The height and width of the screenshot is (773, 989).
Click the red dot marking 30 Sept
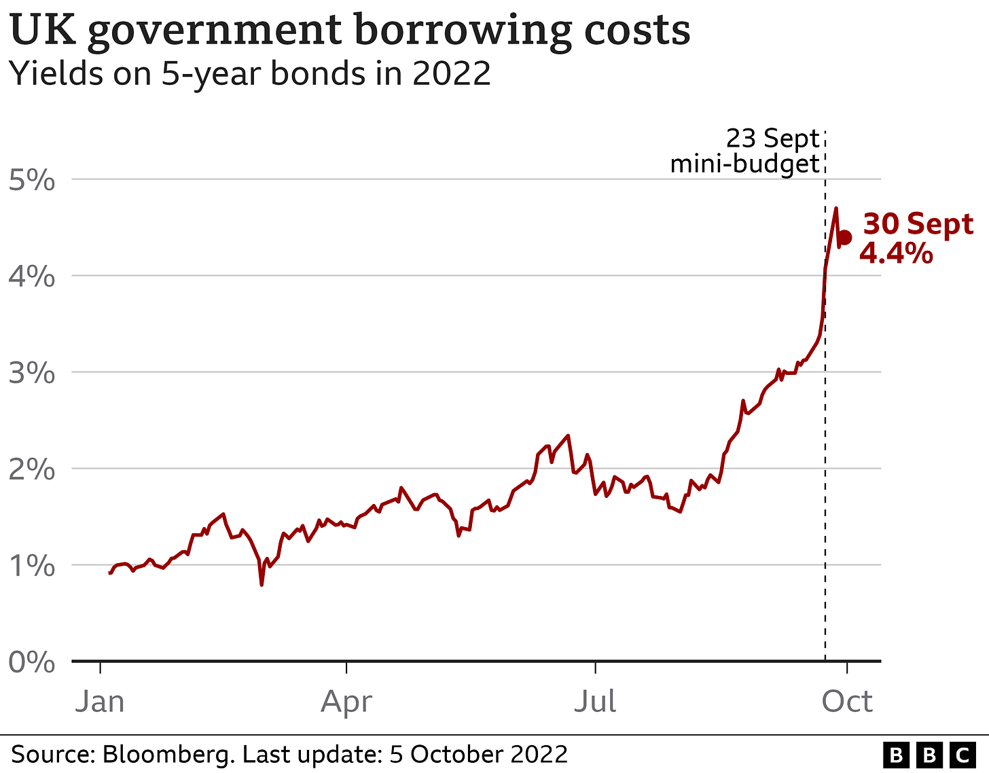coord(844,238)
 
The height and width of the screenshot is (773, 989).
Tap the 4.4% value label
coord(896,253)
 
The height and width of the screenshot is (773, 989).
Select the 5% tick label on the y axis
coord(31,181)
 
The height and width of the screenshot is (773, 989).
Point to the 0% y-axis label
coord(31,662)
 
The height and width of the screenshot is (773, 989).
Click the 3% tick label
coord(31,374)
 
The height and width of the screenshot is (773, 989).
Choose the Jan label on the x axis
coord(100,701)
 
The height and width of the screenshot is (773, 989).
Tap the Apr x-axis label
coord(346,701)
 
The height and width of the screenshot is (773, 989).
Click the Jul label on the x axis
coord(595,701)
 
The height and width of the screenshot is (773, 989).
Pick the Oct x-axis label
coord(846,701)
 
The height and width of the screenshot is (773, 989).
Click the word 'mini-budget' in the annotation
coord(744,164)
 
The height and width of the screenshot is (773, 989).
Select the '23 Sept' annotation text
coord(772,139)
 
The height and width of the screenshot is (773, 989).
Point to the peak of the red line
coord(835,209)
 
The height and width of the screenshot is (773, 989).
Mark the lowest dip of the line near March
coord(262,584)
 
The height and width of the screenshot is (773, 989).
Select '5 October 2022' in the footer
coord(478,755)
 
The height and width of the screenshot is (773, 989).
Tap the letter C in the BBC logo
coord(962,755)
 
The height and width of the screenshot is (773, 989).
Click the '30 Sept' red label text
coord(918,224)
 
